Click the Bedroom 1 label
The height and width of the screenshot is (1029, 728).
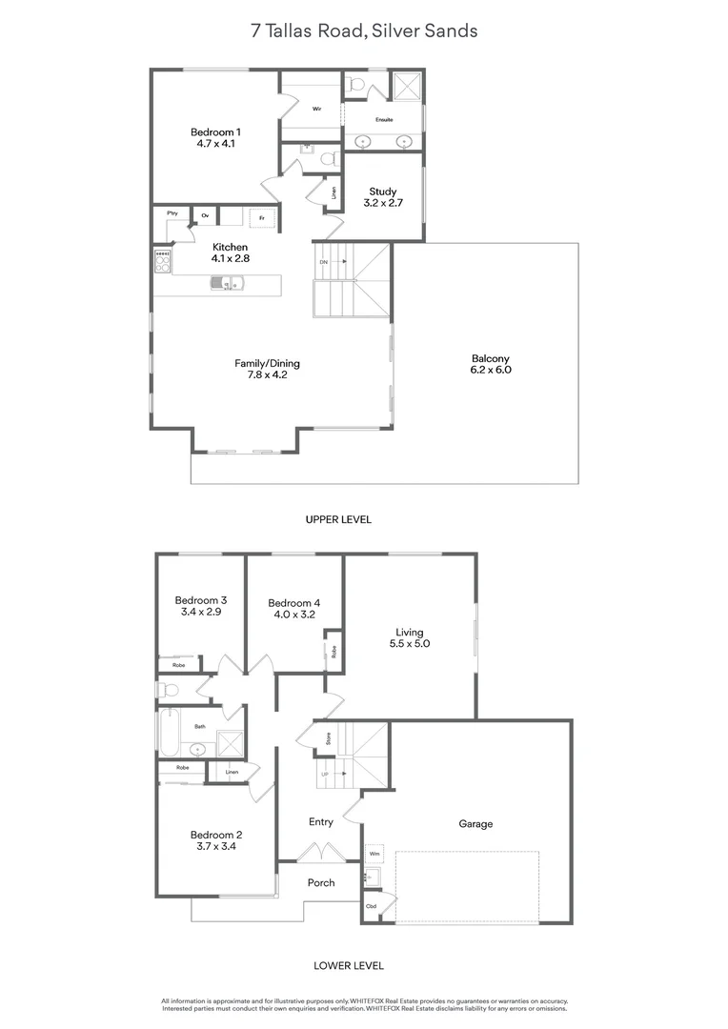(215, 138)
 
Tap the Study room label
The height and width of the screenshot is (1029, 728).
(383, 198)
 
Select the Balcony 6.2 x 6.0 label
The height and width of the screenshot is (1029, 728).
(491, 364)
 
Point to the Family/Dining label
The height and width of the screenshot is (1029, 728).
(268, 369)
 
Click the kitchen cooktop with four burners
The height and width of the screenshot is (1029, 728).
(163, 259)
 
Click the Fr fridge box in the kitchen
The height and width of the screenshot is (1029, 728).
(262, 218)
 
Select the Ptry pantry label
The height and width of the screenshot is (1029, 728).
(172, 213)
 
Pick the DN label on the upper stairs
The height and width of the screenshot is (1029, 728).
(324, 261)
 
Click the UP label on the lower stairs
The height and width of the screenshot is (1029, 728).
(325, 775)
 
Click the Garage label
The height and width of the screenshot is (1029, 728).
(475, 824)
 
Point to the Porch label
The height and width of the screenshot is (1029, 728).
(321, 882)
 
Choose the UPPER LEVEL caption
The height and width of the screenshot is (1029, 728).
(338, 520)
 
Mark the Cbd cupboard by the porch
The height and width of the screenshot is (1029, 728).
(371, 906)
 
